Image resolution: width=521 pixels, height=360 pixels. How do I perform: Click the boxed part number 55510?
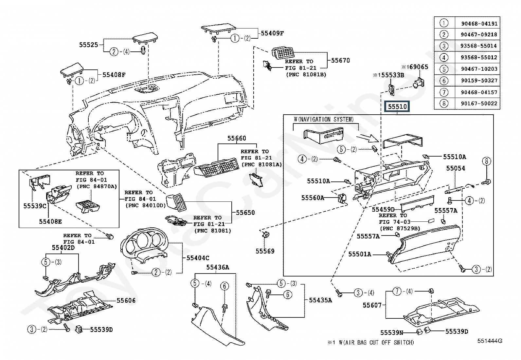tap(397, 107)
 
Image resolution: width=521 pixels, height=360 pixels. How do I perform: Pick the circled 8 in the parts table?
tap(443, 104)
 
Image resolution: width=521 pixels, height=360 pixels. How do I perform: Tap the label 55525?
tap(88, 45)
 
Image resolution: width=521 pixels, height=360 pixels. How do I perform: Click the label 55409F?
tap(272, 33)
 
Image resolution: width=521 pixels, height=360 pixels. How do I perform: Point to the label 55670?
tap(340, 61)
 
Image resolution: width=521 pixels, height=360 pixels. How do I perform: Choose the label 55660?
tap(237, 139)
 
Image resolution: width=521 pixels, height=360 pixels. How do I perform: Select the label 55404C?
tap(198, 258)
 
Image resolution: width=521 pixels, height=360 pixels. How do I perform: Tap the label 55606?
tap(126, 301)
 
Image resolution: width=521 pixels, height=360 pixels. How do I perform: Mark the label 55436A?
tap(218, 268)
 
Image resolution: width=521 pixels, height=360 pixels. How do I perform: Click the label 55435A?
tap(320, 300)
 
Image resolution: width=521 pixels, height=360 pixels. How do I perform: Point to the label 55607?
tap(372, 305)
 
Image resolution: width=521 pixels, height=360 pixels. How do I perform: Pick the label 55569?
tap(265, 251)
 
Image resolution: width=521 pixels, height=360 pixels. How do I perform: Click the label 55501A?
tap(360, 254)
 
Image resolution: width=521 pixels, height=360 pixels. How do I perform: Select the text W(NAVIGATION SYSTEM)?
tap(324, 120)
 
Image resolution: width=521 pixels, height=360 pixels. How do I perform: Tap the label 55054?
tap(456, 168)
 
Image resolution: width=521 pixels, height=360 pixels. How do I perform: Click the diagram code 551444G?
tap(489, 341)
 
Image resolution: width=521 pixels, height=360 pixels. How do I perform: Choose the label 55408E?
tap(50, 221)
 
